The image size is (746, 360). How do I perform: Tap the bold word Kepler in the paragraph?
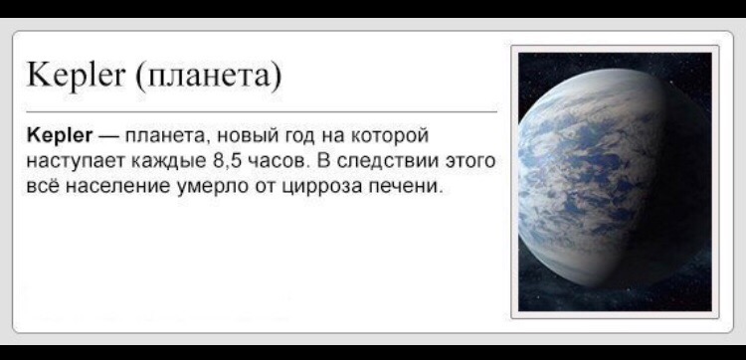tap(60, 136)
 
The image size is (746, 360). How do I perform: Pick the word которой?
tap(390, 137)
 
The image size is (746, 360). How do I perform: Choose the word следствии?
tap(386, 161)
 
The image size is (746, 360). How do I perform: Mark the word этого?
tap(470, 162)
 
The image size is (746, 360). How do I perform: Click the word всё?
tap(43, 185)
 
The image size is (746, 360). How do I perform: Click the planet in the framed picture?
tap(614, 178)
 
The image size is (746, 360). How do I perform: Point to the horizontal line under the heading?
tap(262, 112)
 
